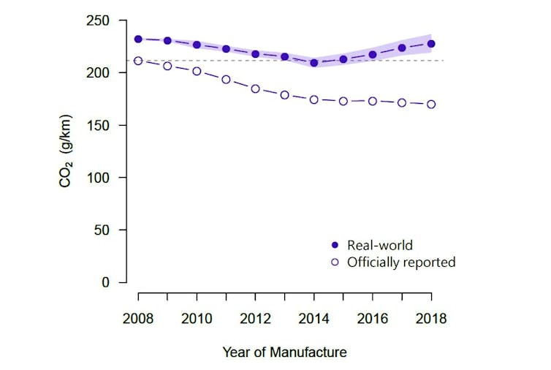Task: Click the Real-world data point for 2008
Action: click(138, 39)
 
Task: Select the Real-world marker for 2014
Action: click(314, 63)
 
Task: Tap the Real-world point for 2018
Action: click(431, 44)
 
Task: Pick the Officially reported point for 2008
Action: click(138, 61)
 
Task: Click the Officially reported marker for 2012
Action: click(255, 88)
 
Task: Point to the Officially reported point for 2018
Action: click(431, 104)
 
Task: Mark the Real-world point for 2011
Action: click(226, 49)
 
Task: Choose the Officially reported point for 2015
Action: click(343, 101)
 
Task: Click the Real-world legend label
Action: click(381, 245)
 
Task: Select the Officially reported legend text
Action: click(401, 262)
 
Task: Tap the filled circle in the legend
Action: click(335, 245)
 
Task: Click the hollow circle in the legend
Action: click(335, 262)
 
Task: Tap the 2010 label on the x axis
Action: click(197, 319)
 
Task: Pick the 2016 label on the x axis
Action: click(373, 319)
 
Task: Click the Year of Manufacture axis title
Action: click(284, 352)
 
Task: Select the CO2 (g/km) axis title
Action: click(66, 151)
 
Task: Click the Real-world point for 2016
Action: click(373, 55)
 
